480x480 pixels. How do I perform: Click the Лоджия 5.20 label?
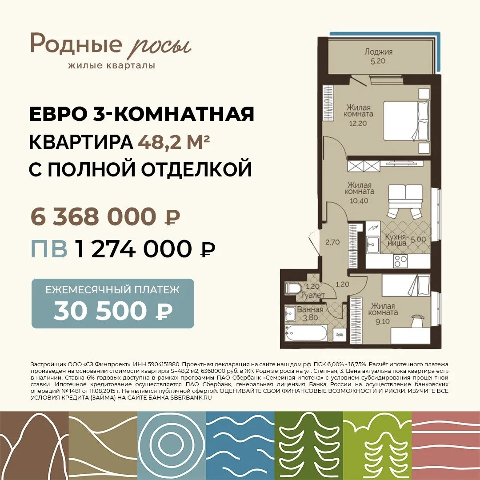(x=378, y=56)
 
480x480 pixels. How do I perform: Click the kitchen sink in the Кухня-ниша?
(x=372, y=244)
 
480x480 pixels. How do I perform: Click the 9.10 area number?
(x=382, y=321)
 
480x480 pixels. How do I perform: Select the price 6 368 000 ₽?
(x=105, y=217)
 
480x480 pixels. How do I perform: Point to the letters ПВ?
(x=49, y=248)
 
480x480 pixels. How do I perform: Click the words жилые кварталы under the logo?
(x=112, y=65)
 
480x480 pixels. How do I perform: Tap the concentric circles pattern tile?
(x=172, y=446)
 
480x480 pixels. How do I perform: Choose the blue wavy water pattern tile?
(x=240, y=446)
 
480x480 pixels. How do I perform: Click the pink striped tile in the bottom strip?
(x=446, y=446)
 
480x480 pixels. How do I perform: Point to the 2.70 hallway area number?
(x=332, y=242)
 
